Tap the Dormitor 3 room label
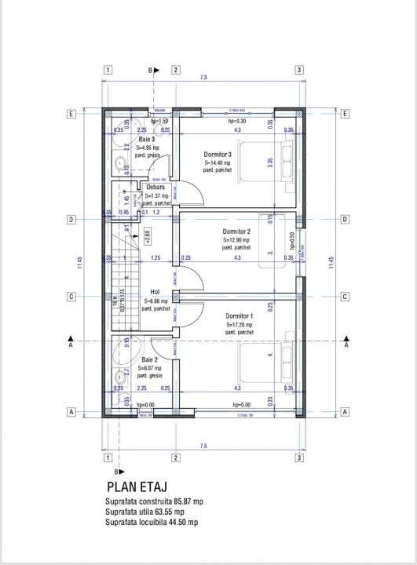click(218, 155)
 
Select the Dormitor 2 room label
click(236, 232)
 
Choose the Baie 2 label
click(147, 359)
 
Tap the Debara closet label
click(155, 188)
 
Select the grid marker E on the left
click(71, 114)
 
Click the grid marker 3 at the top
click(299, 70)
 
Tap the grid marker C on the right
click(345, 297)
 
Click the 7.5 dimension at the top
click(203, 78)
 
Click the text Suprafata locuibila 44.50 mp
click(152, 522)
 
